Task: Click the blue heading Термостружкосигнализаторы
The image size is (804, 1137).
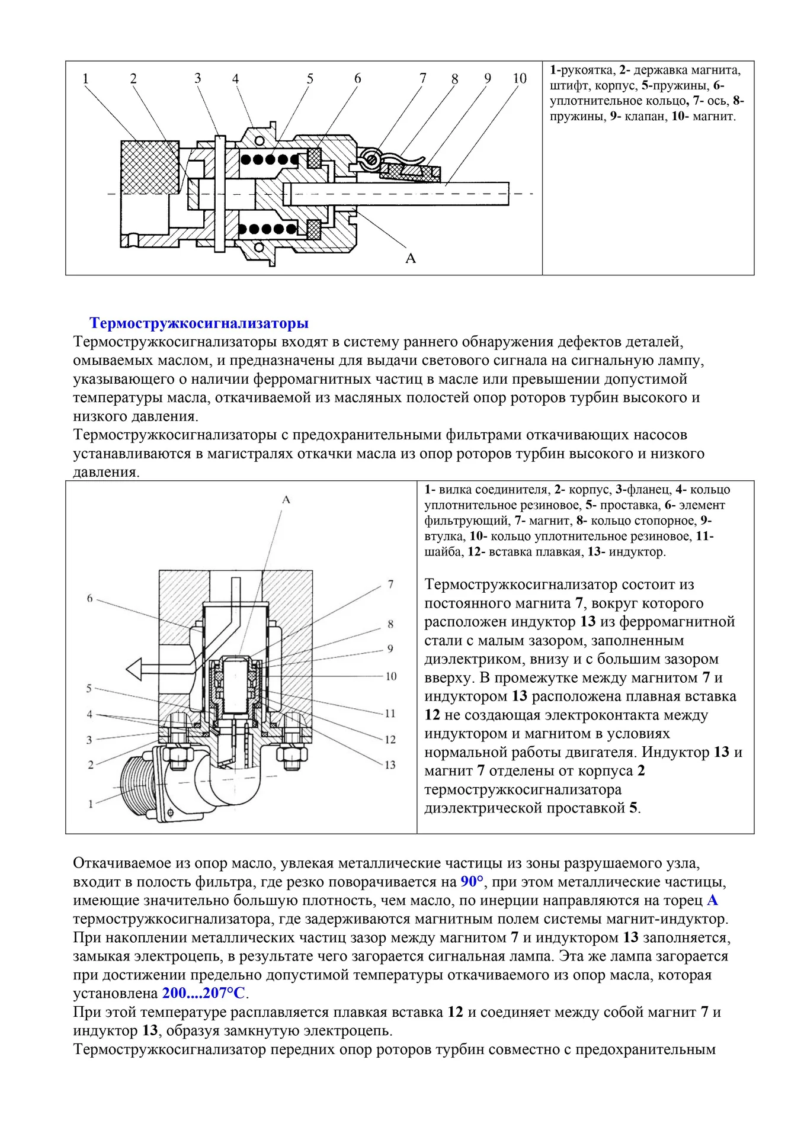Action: [x=198, y=323]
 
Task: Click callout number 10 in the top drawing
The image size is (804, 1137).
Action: [x=519, y=79]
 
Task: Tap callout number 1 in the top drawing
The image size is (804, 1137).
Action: [x=85, y=79]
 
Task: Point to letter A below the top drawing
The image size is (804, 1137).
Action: [x=410, y=258]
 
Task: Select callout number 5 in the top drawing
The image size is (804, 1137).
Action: [x=310, y=79]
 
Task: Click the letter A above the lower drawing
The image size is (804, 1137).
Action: [x=286, y=500]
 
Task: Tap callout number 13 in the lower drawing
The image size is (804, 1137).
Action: [x=389, y=765]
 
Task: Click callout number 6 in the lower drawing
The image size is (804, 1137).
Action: [x=90, y=599]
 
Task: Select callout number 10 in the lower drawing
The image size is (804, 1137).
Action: [x=390, y=676]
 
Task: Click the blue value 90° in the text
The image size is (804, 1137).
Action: [x=472, y=882]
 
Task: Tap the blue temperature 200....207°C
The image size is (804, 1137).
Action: [x=205, y=993]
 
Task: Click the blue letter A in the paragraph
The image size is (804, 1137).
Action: [x=712, y=900]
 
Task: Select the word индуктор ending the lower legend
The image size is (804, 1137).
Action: [x=636, y=552]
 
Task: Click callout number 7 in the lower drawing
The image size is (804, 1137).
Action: [x=390, y=584]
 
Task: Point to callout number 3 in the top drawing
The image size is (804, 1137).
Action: [x=197, y=78]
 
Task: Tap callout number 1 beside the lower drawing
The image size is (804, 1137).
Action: [x=91, y=804]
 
